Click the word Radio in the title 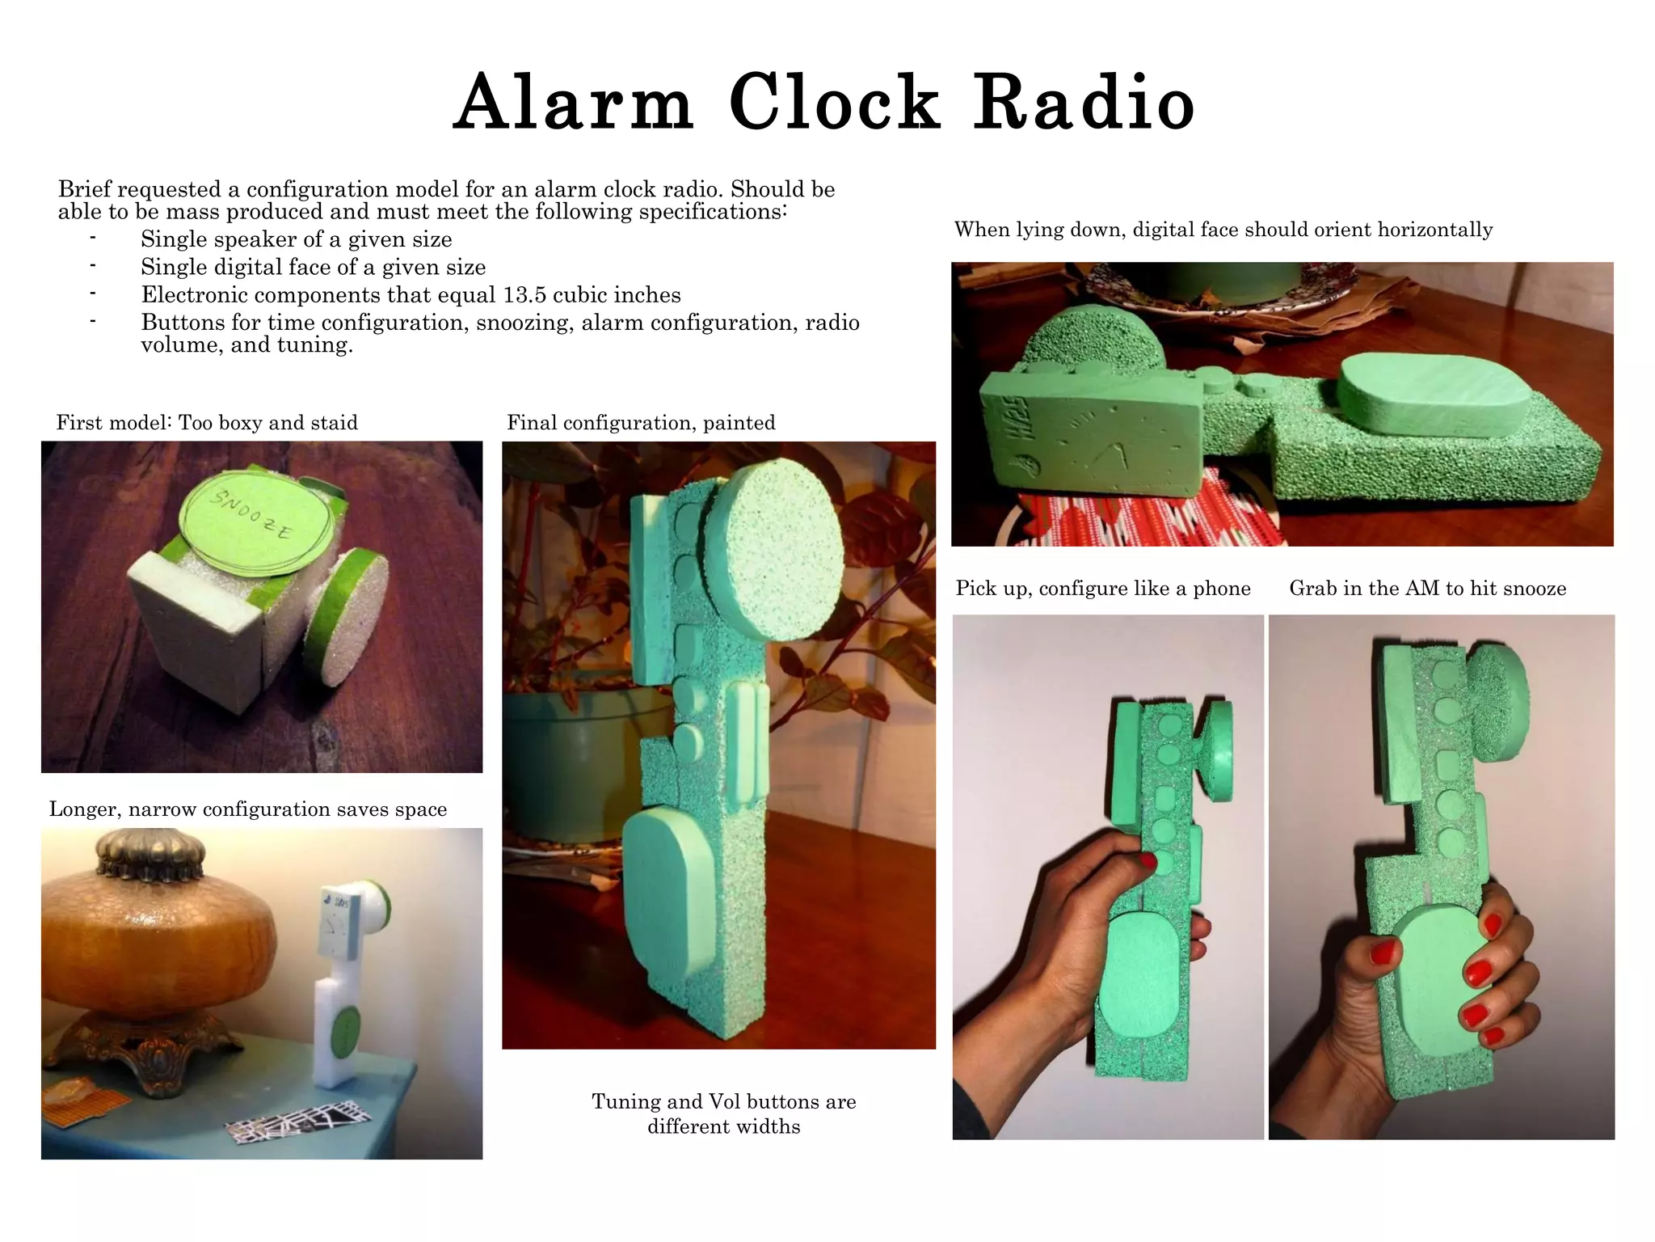point(1083,103)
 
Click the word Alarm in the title point(574,103)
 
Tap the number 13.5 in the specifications point(524,294)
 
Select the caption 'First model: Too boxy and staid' point(207,422)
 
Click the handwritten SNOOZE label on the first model point(251,515)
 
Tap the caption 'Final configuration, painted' point(641,422)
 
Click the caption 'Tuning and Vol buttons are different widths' point(723,1113)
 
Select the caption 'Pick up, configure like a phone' point(1103,588)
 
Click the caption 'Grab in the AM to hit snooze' point(1427,588)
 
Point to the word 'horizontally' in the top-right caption point(1434,230)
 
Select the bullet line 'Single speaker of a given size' point(296,239)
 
